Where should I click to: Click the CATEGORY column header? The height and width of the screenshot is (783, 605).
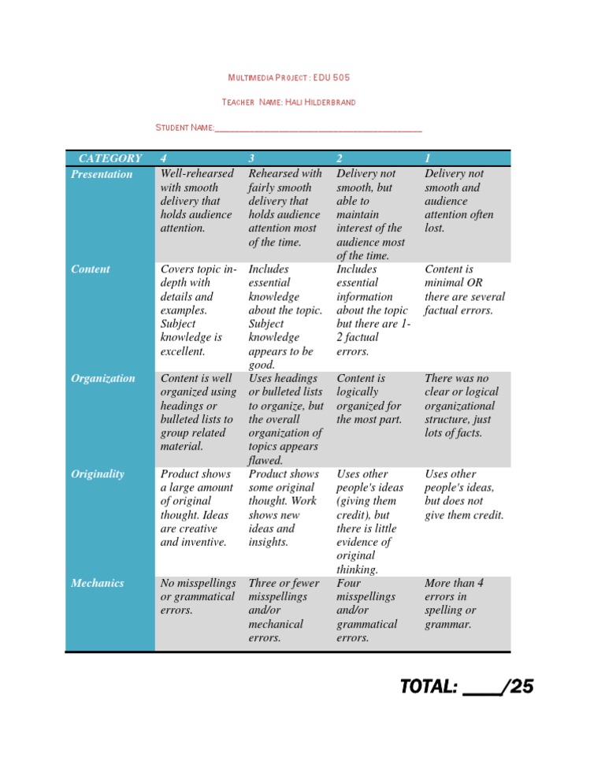click(109, 158)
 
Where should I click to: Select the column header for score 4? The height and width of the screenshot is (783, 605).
click(163, 158)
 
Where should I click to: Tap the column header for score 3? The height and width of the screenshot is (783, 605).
click(251, 158)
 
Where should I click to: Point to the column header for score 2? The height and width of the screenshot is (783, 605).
click(340, 158)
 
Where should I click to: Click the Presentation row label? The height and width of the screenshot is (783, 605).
click(102, 174)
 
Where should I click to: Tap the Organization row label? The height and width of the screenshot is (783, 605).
click(103, 378)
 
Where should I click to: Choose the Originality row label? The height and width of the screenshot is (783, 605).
click(98, 474)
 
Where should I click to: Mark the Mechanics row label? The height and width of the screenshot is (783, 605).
click(97, 584)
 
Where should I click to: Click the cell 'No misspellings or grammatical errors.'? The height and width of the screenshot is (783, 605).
click(197, 596)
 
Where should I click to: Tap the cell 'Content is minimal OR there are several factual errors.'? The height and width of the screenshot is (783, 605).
click(465, 289)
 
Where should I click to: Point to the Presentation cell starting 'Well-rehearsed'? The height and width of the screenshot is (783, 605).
click(197, 200)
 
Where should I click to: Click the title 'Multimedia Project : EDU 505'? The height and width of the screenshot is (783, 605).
click(288, 78)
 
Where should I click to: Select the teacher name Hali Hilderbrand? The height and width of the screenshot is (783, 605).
click(324, 102)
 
